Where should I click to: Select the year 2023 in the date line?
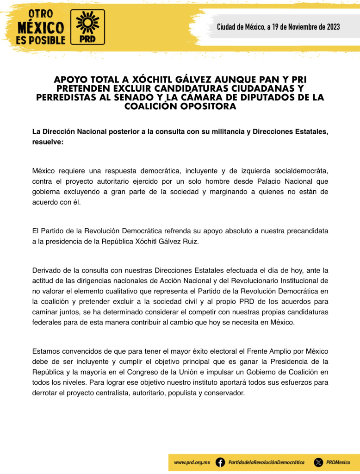pyautogui.click(x=330, y=27)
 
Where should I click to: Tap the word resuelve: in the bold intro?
pyautogui.click(x=48, y=142)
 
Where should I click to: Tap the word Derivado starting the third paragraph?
pyautogui.click(x=46, y=271)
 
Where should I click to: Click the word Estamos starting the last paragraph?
pyautogui.click(x=46, y=352)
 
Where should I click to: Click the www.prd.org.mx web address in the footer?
pyautogui.click(x=192, y=462)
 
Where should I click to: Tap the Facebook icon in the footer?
pyautogui.click(x=221, y=462)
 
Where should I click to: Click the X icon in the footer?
pyautogui.click(x=318, y=462)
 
